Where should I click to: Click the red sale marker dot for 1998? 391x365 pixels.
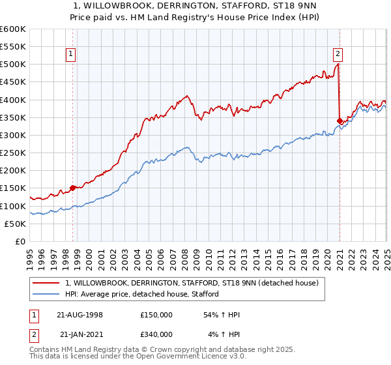point(72,188)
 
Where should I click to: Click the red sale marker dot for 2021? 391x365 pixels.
point(340,121)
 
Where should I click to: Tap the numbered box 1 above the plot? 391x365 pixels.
point(70,55)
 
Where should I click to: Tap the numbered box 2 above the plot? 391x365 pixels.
point(338,55)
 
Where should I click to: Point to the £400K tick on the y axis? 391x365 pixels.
point(13,100)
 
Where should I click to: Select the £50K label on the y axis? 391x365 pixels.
point(16,224)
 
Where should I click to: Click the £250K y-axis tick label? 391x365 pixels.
point(13,153)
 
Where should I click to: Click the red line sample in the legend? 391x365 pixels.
point(47,283)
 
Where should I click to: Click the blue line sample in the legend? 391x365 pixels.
point(47,294)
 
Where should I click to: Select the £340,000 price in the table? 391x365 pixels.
point(156,334)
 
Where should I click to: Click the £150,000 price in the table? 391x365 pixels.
point(156,315)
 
